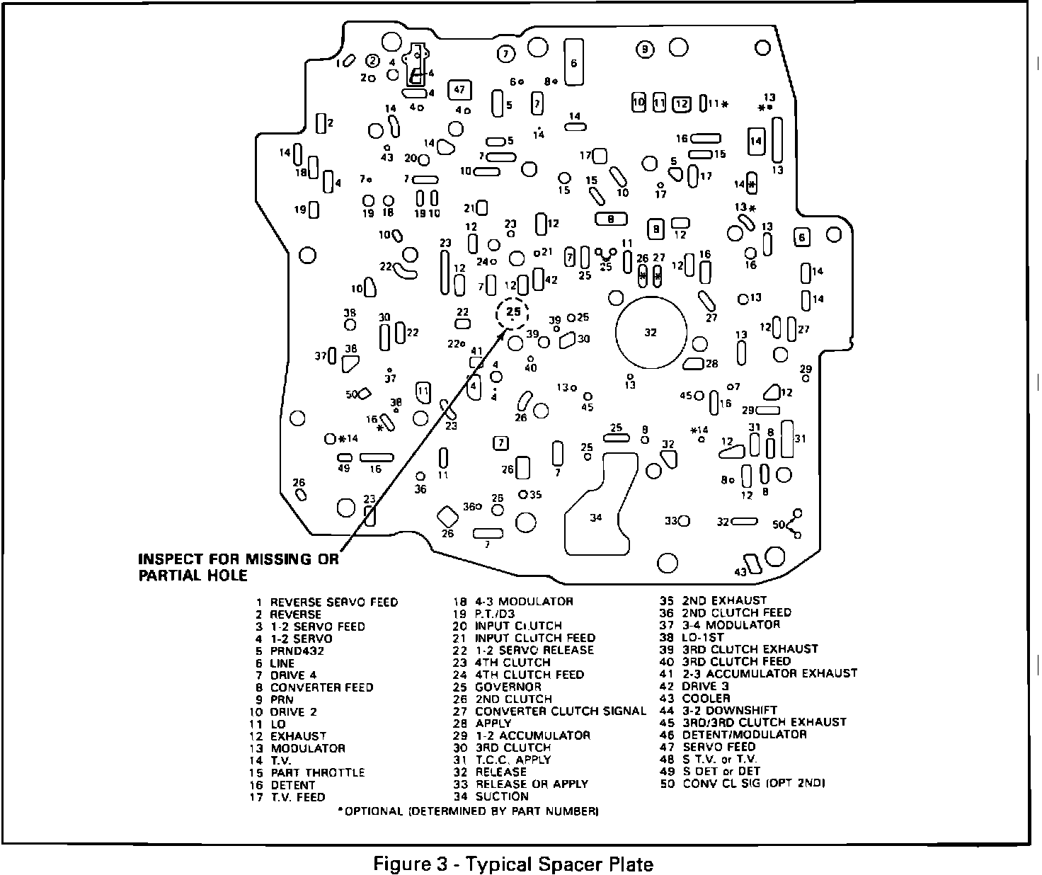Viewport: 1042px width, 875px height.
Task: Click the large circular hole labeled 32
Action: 651,331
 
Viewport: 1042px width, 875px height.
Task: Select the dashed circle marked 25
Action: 513,312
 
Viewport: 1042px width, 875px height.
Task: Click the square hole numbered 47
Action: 459,90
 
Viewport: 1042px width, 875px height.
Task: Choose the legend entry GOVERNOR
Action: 508,687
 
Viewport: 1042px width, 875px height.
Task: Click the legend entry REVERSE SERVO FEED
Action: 333,602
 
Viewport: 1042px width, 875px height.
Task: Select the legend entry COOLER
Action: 705,698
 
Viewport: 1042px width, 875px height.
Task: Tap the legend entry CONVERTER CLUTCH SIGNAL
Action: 560,711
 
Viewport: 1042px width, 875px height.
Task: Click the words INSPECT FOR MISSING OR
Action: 239,559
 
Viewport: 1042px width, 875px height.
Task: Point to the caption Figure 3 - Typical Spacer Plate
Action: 513,864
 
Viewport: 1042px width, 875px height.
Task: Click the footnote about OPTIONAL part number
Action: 468,811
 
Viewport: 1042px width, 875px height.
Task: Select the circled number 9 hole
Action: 645,49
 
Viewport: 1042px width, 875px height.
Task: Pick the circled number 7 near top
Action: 505,53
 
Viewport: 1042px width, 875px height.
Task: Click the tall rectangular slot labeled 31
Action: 786,439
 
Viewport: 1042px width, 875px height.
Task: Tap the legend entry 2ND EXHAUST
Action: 723,600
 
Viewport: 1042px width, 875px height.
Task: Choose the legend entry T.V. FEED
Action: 297,796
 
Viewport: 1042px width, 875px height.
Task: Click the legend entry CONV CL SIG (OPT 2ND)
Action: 753,784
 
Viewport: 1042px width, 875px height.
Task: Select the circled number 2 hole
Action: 372,62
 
